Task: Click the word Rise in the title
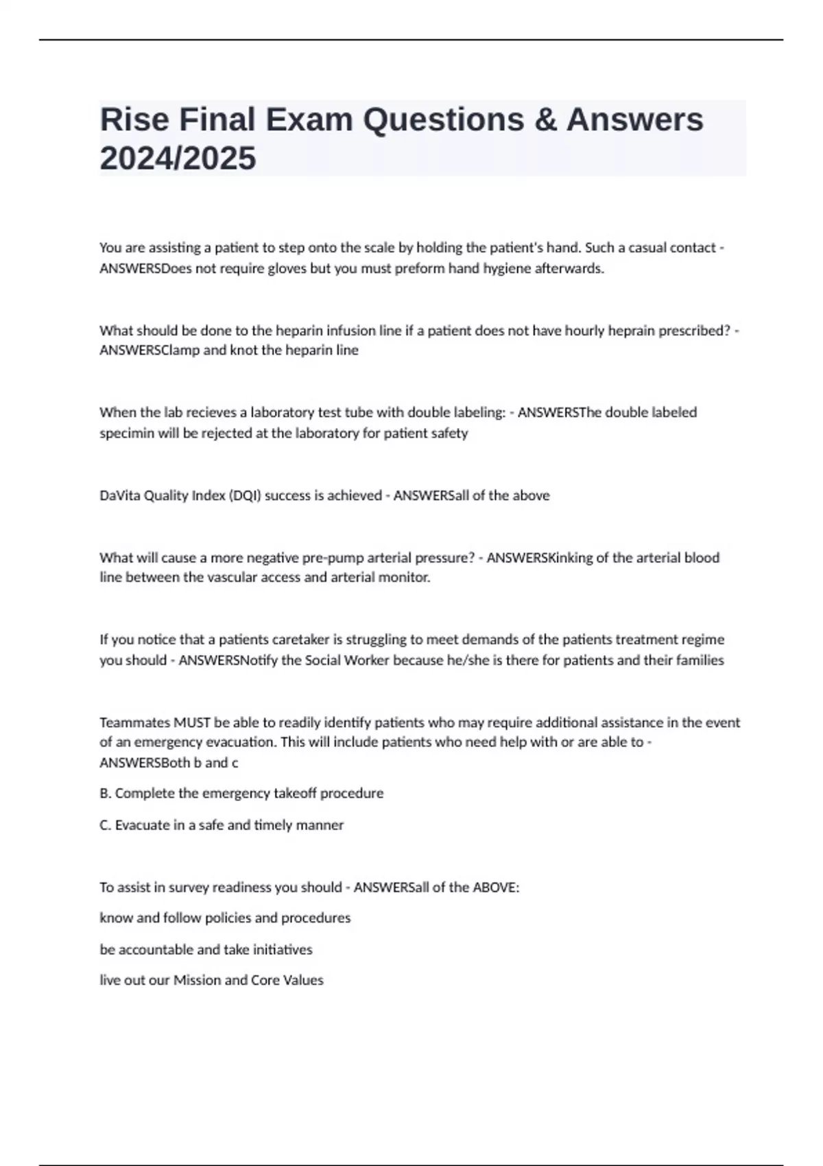click(134, 120)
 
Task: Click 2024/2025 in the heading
click(178, 158)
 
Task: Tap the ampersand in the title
click(546, 120)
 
